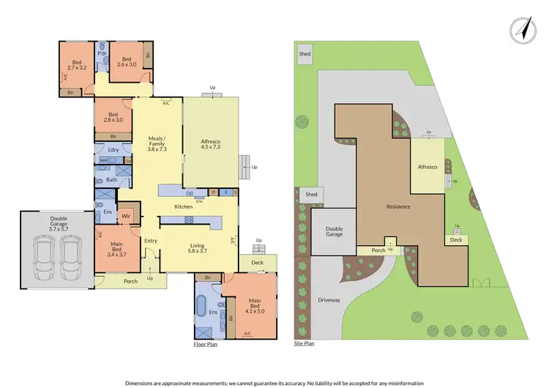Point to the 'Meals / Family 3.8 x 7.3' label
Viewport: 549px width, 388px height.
tap(157, 143)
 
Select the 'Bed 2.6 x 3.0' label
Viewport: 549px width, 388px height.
tap(126, 63)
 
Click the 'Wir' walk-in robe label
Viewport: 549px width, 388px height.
tap(126, 216)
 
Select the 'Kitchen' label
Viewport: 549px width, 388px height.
tap(184, 207)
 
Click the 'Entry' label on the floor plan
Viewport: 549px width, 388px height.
tap(152, 241)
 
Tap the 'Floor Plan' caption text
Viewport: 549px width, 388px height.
tap(204, 343)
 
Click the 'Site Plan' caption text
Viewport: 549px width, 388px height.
tap(304, 343)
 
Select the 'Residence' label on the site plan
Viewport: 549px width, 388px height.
tap(398, 206)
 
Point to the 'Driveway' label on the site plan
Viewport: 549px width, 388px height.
tap(329, 300)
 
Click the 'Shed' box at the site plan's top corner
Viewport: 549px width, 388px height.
tap(305, 54)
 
